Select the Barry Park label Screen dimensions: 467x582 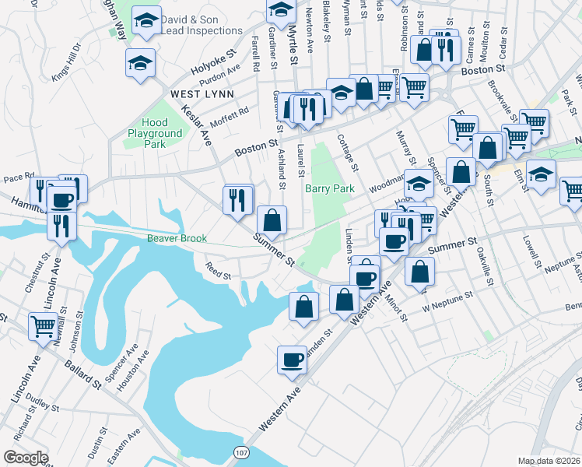click(330, 188)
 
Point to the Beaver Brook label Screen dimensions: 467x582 click(177, 238)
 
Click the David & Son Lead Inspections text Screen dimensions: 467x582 click(202, 25)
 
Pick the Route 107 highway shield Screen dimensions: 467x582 click(241, 452)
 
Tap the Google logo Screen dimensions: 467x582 click(26, 458)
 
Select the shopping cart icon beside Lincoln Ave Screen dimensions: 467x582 click(42, 326)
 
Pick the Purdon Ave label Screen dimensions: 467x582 click(220, 75)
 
